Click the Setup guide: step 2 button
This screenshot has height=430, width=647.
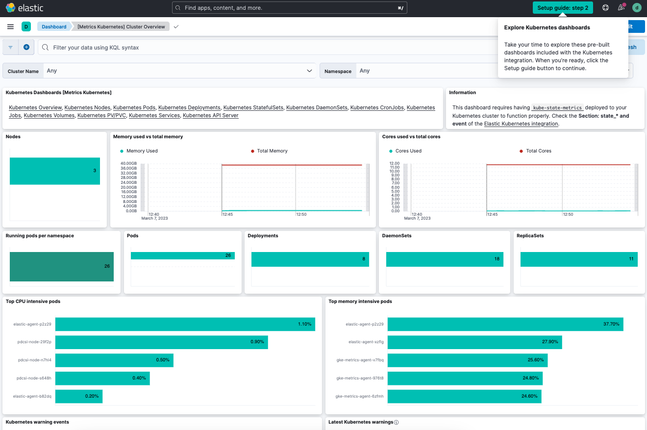(563, 8)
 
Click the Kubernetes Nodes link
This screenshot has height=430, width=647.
(87, 107)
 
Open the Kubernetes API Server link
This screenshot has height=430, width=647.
(210, 116)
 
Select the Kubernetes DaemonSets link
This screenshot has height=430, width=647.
(317, 107)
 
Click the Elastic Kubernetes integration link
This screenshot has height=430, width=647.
(521, 124)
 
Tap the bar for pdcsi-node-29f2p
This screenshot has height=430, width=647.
(161, 342)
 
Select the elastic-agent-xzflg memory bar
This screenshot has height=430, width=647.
(474, 342)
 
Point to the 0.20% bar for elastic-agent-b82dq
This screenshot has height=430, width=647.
(78, 396)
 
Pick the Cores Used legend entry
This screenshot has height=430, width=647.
(408, 151)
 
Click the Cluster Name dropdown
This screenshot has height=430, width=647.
(179, 71)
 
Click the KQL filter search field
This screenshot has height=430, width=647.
(270, 48)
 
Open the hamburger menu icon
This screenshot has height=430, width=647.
(10, 26)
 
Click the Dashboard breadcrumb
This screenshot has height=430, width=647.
(54, 26)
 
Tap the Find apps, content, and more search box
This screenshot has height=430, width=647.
(289, 8)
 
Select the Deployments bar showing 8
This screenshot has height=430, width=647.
(310, 259)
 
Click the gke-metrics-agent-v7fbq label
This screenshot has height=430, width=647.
(360, 360)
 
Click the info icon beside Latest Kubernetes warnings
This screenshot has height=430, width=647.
(396, 422)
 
